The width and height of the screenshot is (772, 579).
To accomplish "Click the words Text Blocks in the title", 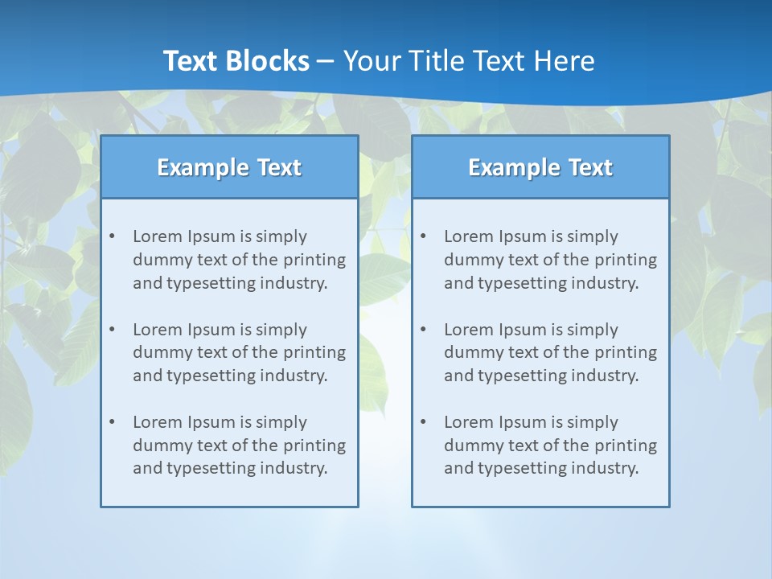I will pos(236,61).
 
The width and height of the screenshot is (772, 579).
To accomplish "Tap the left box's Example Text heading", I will pos(229,167).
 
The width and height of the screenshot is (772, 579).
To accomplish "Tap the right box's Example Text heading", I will pos(540,167).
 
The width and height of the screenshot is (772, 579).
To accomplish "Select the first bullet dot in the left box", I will pos(113,236).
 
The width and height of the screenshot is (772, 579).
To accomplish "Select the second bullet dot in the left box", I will pos(113,330).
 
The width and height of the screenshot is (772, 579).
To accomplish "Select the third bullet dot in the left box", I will pos(113,422).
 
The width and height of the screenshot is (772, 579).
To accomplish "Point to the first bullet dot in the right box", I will pos(424,236).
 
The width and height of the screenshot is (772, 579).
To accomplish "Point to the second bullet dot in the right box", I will pos(424,330).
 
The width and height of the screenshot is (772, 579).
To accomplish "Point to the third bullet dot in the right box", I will pos(424,422).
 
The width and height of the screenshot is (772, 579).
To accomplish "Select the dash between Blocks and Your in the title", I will pos(326,61).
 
